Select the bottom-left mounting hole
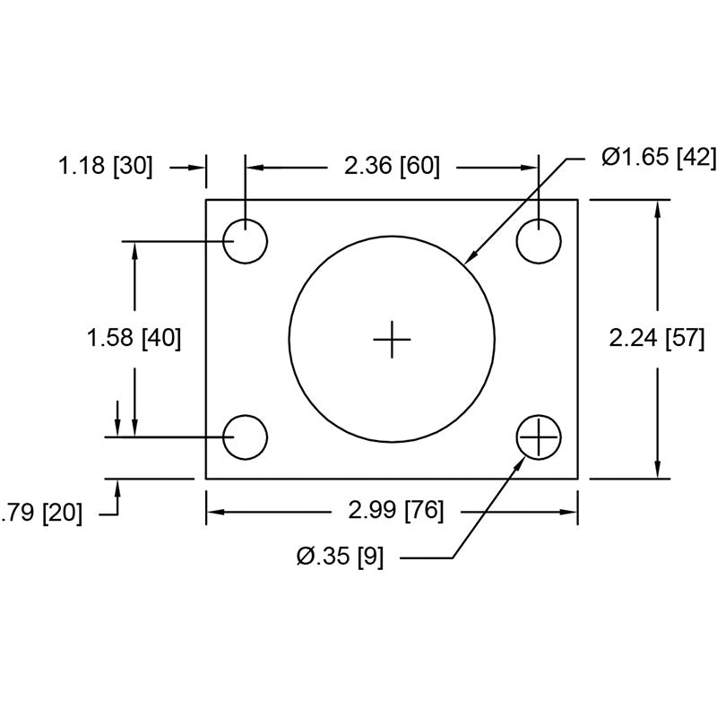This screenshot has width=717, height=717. click(x=245, y=437)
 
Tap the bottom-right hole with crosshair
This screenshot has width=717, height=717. click(x=539, y=437)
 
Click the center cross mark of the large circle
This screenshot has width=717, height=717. click(x=392, y=339)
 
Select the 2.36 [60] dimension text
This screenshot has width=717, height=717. click(x=392, y=167)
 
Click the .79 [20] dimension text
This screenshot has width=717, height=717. click(x=41, y=514)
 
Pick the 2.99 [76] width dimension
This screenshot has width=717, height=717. click(x=391, y=512)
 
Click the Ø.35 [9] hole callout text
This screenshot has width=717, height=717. click(x=341, y=557)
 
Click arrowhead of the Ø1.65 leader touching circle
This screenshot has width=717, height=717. click(x=470, y=261)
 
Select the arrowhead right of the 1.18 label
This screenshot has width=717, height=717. click(x=200, y=167)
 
